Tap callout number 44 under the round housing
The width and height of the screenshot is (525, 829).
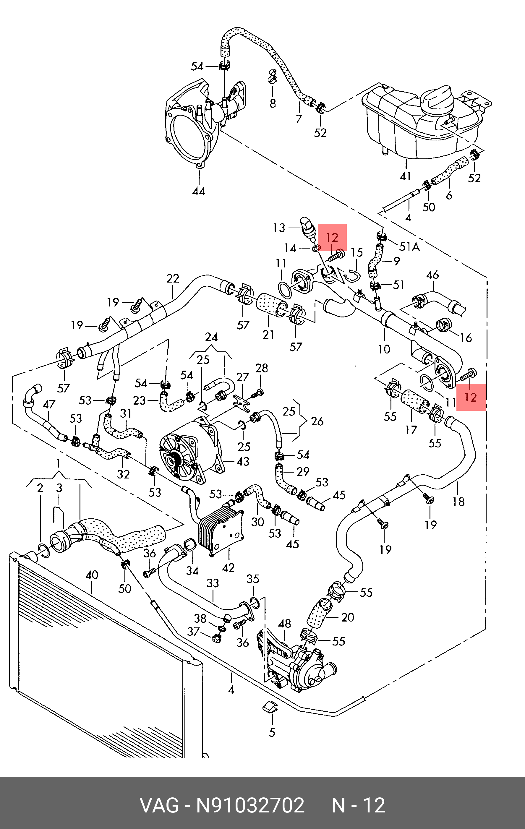(x=199, y=191)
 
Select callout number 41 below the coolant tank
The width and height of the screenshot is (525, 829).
(x=405, y=176)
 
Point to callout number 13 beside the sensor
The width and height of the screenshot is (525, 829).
(x=279, y=228)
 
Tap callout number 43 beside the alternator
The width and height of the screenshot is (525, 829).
(x=243, y=461)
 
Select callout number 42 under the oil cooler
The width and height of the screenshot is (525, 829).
(x=228, y=567)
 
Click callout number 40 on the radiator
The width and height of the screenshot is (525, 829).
(x=92, y=575)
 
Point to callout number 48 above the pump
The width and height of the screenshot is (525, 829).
(x=284, y=624)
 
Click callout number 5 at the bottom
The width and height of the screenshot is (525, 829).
(x=272, y=732)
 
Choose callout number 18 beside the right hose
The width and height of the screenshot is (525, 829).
(x=458, y=502)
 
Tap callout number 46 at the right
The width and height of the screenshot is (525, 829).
(x=432, y=275)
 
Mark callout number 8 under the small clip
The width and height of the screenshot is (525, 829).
(x=273, y=103)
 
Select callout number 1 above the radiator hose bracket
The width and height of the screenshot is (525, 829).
(x=59, y=463)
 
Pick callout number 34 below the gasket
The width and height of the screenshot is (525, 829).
(x=192, y=571)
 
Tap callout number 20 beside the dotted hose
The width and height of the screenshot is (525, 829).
(x=347, y=617)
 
